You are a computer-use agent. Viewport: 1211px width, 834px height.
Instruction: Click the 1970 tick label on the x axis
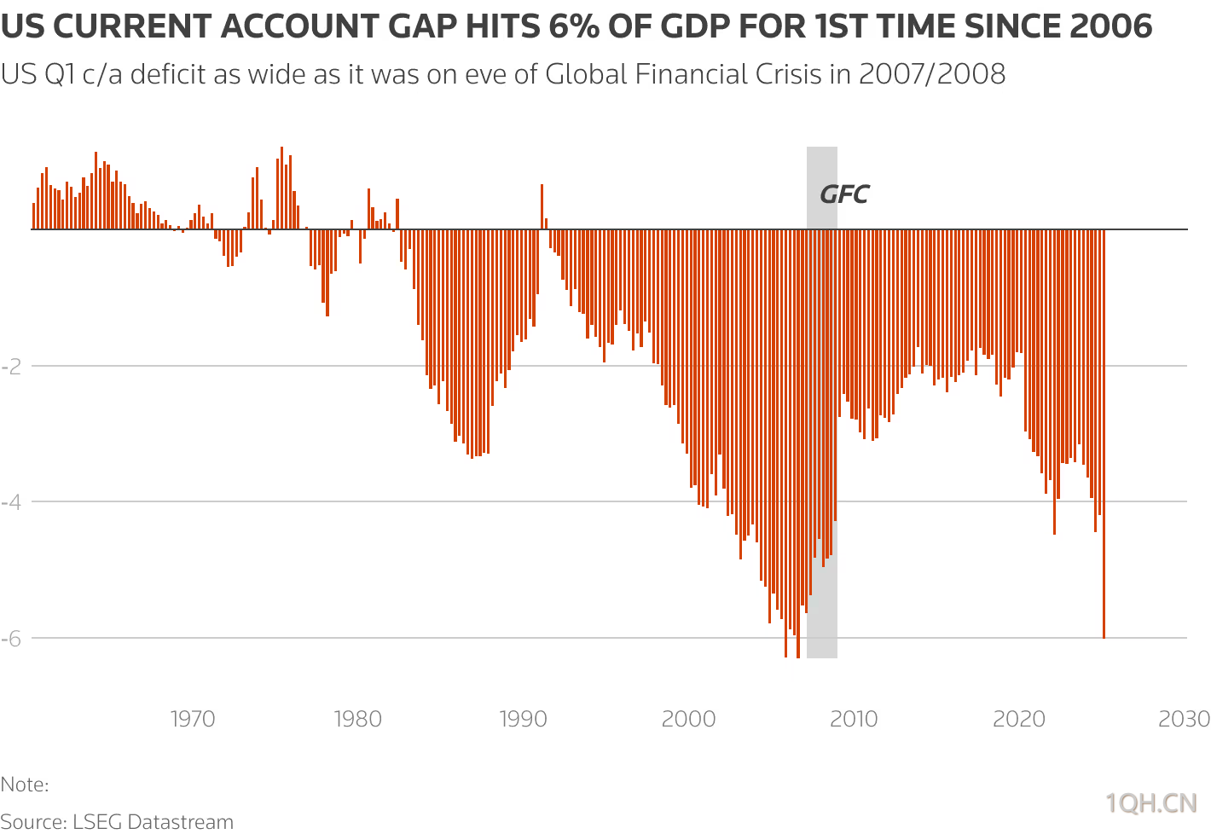click(x=193, y=719)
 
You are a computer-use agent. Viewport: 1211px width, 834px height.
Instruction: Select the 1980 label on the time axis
click(x=358, y=719)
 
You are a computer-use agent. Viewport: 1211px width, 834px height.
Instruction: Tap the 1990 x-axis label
click(x=523, y=719)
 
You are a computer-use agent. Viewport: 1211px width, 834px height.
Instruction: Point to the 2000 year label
click(x=688, y=719)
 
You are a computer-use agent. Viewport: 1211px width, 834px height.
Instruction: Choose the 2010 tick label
click(x=854, y=719)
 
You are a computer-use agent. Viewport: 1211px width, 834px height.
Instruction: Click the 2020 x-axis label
click(x=1019, y=719)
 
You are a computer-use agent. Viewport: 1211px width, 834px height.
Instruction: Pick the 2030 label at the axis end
click(x=1184, y=719)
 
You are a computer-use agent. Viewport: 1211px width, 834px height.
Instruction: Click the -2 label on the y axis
click(x=11, y=366)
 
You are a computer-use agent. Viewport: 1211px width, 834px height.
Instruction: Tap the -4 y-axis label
click(x=11, y=501)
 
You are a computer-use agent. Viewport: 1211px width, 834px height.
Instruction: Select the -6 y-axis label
click(x=11, y=638)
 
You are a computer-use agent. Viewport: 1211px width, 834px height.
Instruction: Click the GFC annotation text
click(x=843, y=195)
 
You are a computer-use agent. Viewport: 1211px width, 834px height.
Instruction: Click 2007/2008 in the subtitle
click(x=932, y=74)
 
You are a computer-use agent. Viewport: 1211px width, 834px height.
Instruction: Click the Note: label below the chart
click(x=25, y=785)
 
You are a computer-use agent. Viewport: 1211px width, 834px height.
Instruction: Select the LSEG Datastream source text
click(x=153, y=822)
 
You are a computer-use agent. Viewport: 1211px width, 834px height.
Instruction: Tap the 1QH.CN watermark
click(x=1151, y=803)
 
